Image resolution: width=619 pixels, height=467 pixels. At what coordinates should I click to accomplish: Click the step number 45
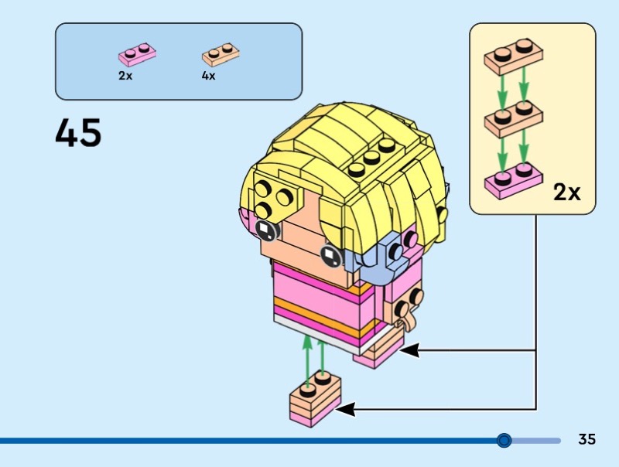(x=78, y=133)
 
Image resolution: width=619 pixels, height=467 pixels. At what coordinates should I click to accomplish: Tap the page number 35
(x=587, y=440)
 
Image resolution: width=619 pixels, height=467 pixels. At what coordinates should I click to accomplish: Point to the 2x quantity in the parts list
(x=125, y=77)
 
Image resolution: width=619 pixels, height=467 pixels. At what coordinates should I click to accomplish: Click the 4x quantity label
(x=208, y=77)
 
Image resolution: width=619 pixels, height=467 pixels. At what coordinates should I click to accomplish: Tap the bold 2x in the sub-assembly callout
(x=566, y=193)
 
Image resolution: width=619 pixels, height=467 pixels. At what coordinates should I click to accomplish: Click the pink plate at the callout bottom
(x=511, y=180)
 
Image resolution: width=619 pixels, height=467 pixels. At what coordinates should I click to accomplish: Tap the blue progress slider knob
(x=504, y=441)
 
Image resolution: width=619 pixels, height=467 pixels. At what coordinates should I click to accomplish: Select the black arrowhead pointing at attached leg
(x=409, y=350)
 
